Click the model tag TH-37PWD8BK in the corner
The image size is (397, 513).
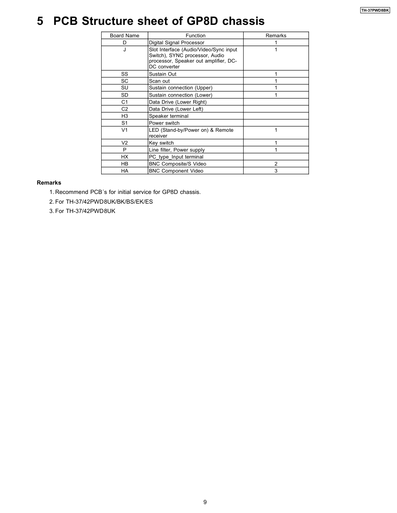375,10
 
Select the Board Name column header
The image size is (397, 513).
125,35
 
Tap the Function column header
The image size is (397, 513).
195,35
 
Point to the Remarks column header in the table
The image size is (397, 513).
276,35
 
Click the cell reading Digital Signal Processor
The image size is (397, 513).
177,43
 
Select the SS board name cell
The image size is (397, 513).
125,74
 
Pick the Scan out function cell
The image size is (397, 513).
160,81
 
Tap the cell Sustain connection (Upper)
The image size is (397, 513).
181,88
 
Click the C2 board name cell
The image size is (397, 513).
125,109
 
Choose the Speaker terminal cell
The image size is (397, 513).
169,116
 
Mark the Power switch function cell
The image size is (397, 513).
164,123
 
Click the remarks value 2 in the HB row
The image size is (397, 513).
276,164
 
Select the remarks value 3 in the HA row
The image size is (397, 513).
276,171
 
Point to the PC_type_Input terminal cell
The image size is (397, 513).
176,157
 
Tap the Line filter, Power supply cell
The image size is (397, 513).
177,150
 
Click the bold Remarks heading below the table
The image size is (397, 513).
49,183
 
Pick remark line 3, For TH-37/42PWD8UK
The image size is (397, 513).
85,211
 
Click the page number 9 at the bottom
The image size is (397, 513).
205,502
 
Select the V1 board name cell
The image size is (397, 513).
125,130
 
